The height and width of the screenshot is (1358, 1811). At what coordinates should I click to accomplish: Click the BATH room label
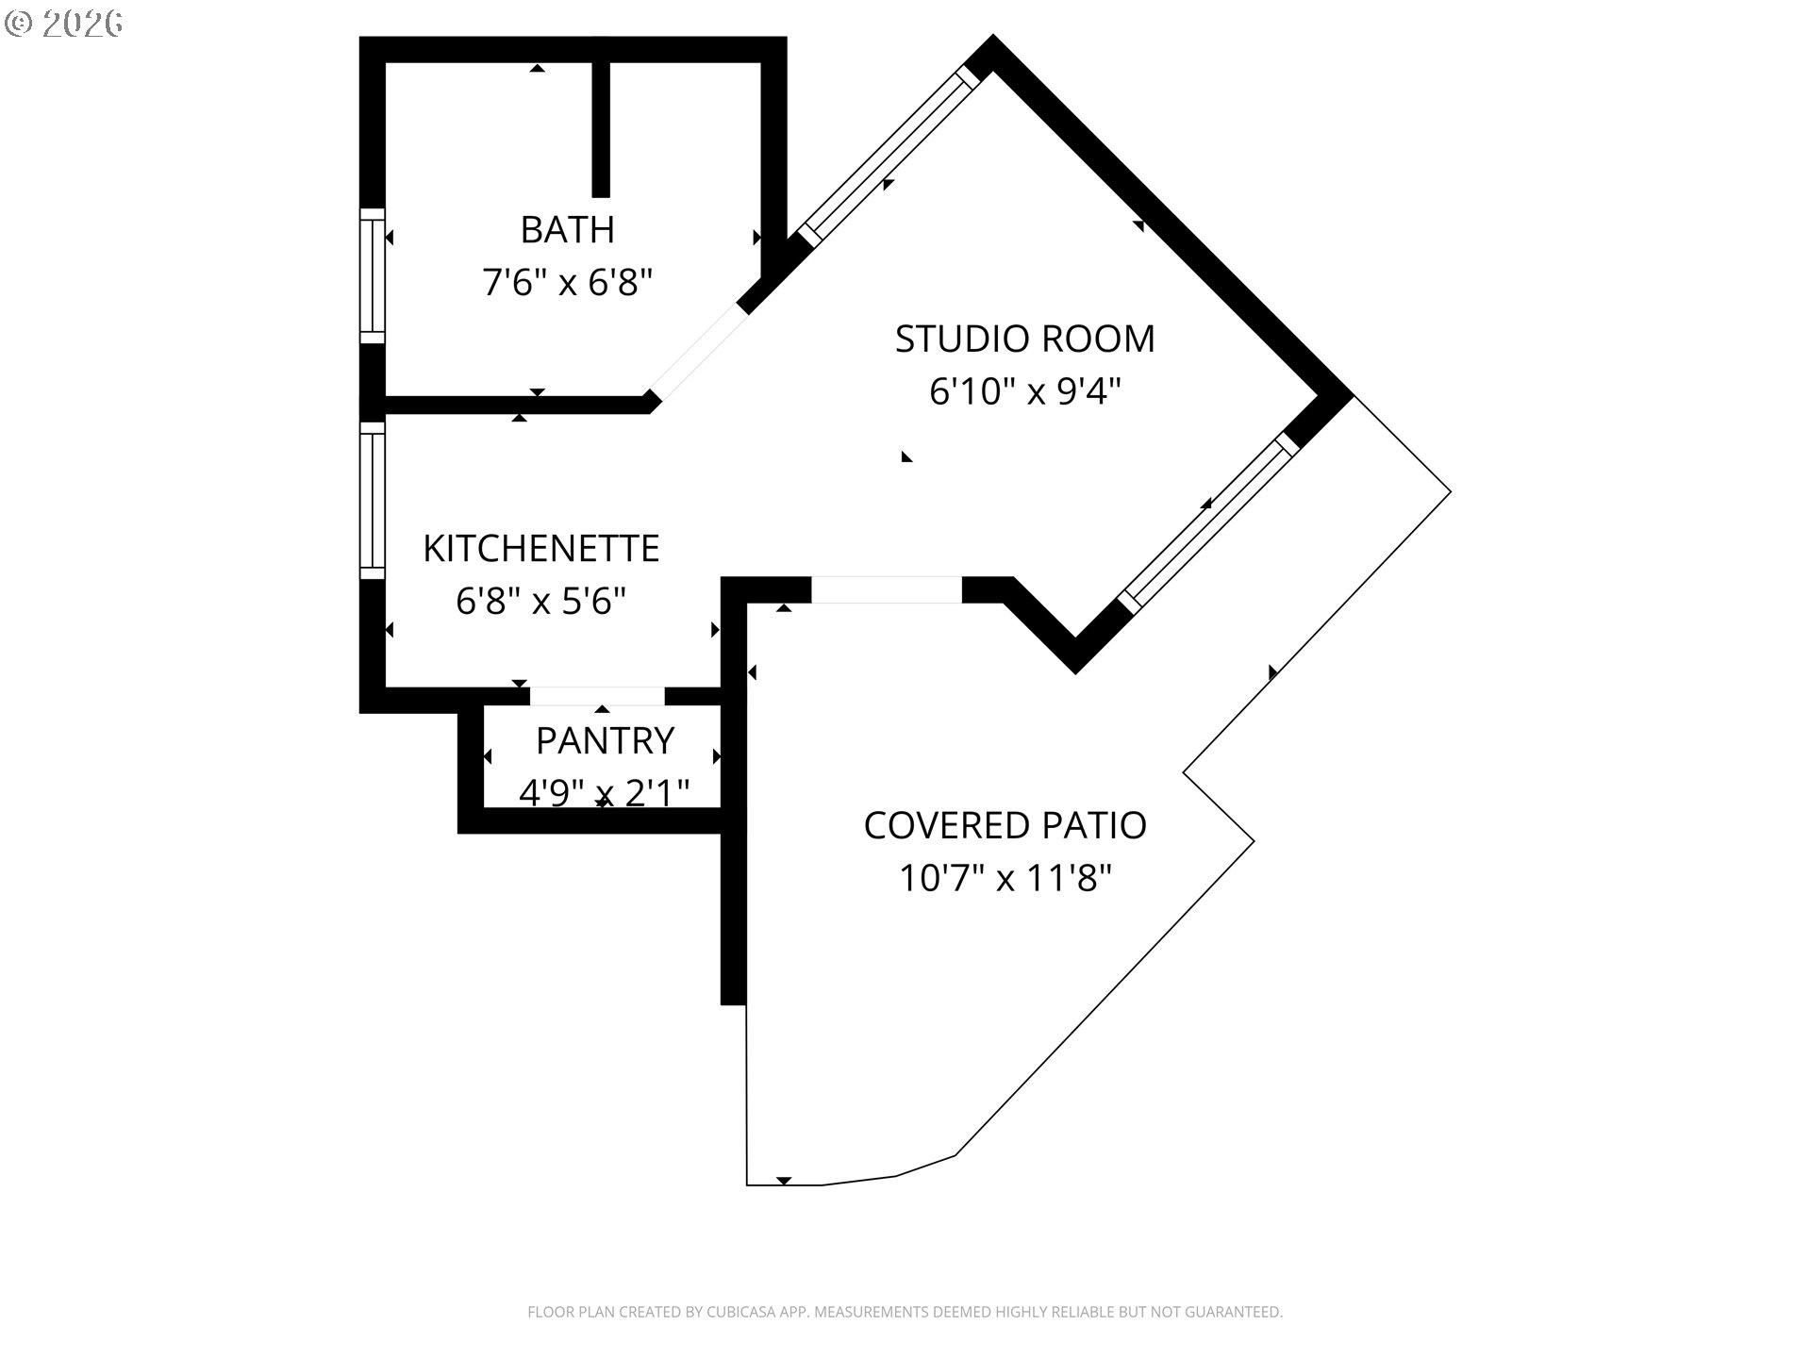click(x=568, y=229)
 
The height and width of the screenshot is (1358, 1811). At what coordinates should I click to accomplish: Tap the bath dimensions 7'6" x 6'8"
click(x=568, y=282)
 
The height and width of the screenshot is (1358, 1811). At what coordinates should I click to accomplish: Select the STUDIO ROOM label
click(x=1025, y=339)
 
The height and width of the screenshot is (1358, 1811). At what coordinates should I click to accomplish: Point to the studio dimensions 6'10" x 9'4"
click(x=1025, y=390)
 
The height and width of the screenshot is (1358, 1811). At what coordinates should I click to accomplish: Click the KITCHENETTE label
click(x=541, y=548)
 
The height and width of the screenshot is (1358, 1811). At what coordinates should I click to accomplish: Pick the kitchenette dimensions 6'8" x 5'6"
click(x=541, y=600)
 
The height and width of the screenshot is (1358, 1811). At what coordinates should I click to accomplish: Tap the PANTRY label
click(x=606, y=740)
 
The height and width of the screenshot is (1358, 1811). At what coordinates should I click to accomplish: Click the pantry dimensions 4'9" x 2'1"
click(x=605, y=793)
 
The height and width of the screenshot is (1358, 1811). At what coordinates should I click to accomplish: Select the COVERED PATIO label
click(x=1005, y=825)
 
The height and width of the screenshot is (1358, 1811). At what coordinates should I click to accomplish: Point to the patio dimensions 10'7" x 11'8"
click(x=1005, y=878)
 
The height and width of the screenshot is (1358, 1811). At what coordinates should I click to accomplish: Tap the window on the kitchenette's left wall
click(x=374, y=500)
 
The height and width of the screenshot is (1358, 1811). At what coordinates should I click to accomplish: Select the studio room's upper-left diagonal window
click(x=889, y=157)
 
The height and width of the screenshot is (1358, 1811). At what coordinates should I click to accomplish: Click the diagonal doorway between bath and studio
click(x=698, y=351)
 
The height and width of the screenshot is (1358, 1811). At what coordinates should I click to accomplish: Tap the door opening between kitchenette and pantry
click(x=598, y=696)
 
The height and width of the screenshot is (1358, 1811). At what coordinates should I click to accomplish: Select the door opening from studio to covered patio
click(x=887, y=589)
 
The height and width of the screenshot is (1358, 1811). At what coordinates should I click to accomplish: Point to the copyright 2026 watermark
click(x=64, y=24)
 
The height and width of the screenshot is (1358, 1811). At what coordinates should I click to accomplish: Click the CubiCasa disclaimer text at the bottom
click(x=905, y=1312)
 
